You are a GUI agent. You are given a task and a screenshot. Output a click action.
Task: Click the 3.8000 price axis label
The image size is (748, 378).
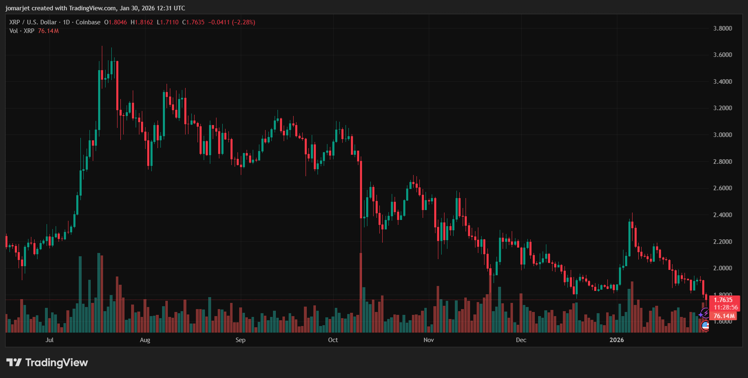coord(722,28)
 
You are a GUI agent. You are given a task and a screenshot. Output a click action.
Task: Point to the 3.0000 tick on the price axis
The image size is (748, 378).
coord(722,135)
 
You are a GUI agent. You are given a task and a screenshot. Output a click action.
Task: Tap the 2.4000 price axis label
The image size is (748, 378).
coord(722,215)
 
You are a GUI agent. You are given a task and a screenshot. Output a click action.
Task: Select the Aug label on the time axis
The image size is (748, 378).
coord(145,340)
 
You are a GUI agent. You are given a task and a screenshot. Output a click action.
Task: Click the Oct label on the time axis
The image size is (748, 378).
coord(333,340)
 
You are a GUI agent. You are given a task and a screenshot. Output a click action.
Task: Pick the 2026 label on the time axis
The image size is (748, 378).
coord(616,340)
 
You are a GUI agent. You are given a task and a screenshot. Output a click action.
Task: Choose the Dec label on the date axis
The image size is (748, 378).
coord(521,340)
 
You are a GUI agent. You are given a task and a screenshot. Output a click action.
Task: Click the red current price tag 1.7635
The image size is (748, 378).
coord(723,300)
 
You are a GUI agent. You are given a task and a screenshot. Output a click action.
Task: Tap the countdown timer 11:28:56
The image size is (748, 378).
coord(726,307)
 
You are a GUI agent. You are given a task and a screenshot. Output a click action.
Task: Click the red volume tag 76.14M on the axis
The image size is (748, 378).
coord(724,316)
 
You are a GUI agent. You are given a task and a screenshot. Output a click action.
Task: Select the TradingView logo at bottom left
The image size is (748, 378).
coord(47,363)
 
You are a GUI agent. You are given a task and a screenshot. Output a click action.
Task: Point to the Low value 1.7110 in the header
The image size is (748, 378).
coord(169,22)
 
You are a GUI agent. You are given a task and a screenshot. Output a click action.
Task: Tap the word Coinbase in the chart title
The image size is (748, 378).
coord(88,22)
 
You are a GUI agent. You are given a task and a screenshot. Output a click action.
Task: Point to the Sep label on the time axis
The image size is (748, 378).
coord(240,340)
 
